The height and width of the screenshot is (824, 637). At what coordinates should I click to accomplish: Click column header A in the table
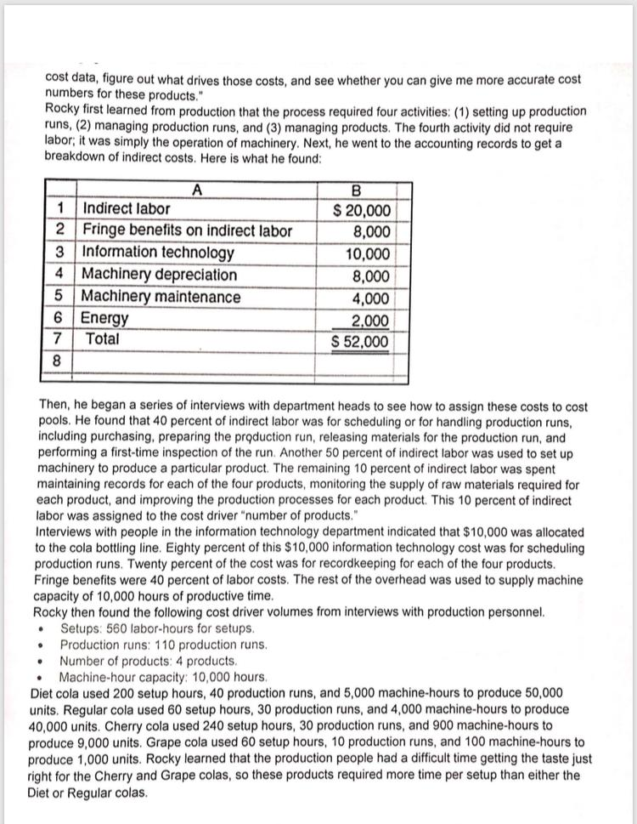197,190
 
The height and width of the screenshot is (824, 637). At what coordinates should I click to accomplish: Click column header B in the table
362,190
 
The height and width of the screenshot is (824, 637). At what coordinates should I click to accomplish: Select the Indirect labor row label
127,208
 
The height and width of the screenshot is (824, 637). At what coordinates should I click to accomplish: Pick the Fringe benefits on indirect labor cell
187,230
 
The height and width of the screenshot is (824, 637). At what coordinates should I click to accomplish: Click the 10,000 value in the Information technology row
368,253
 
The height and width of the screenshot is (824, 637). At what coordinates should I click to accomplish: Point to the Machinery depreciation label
160,275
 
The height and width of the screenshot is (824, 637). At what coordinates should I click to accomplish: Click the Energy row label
105,319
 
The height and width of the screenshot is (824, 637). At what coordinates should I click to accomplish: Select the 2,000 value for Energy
372,321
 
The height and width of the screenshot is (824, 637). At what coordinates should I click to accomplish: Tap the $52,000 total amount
361,342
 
